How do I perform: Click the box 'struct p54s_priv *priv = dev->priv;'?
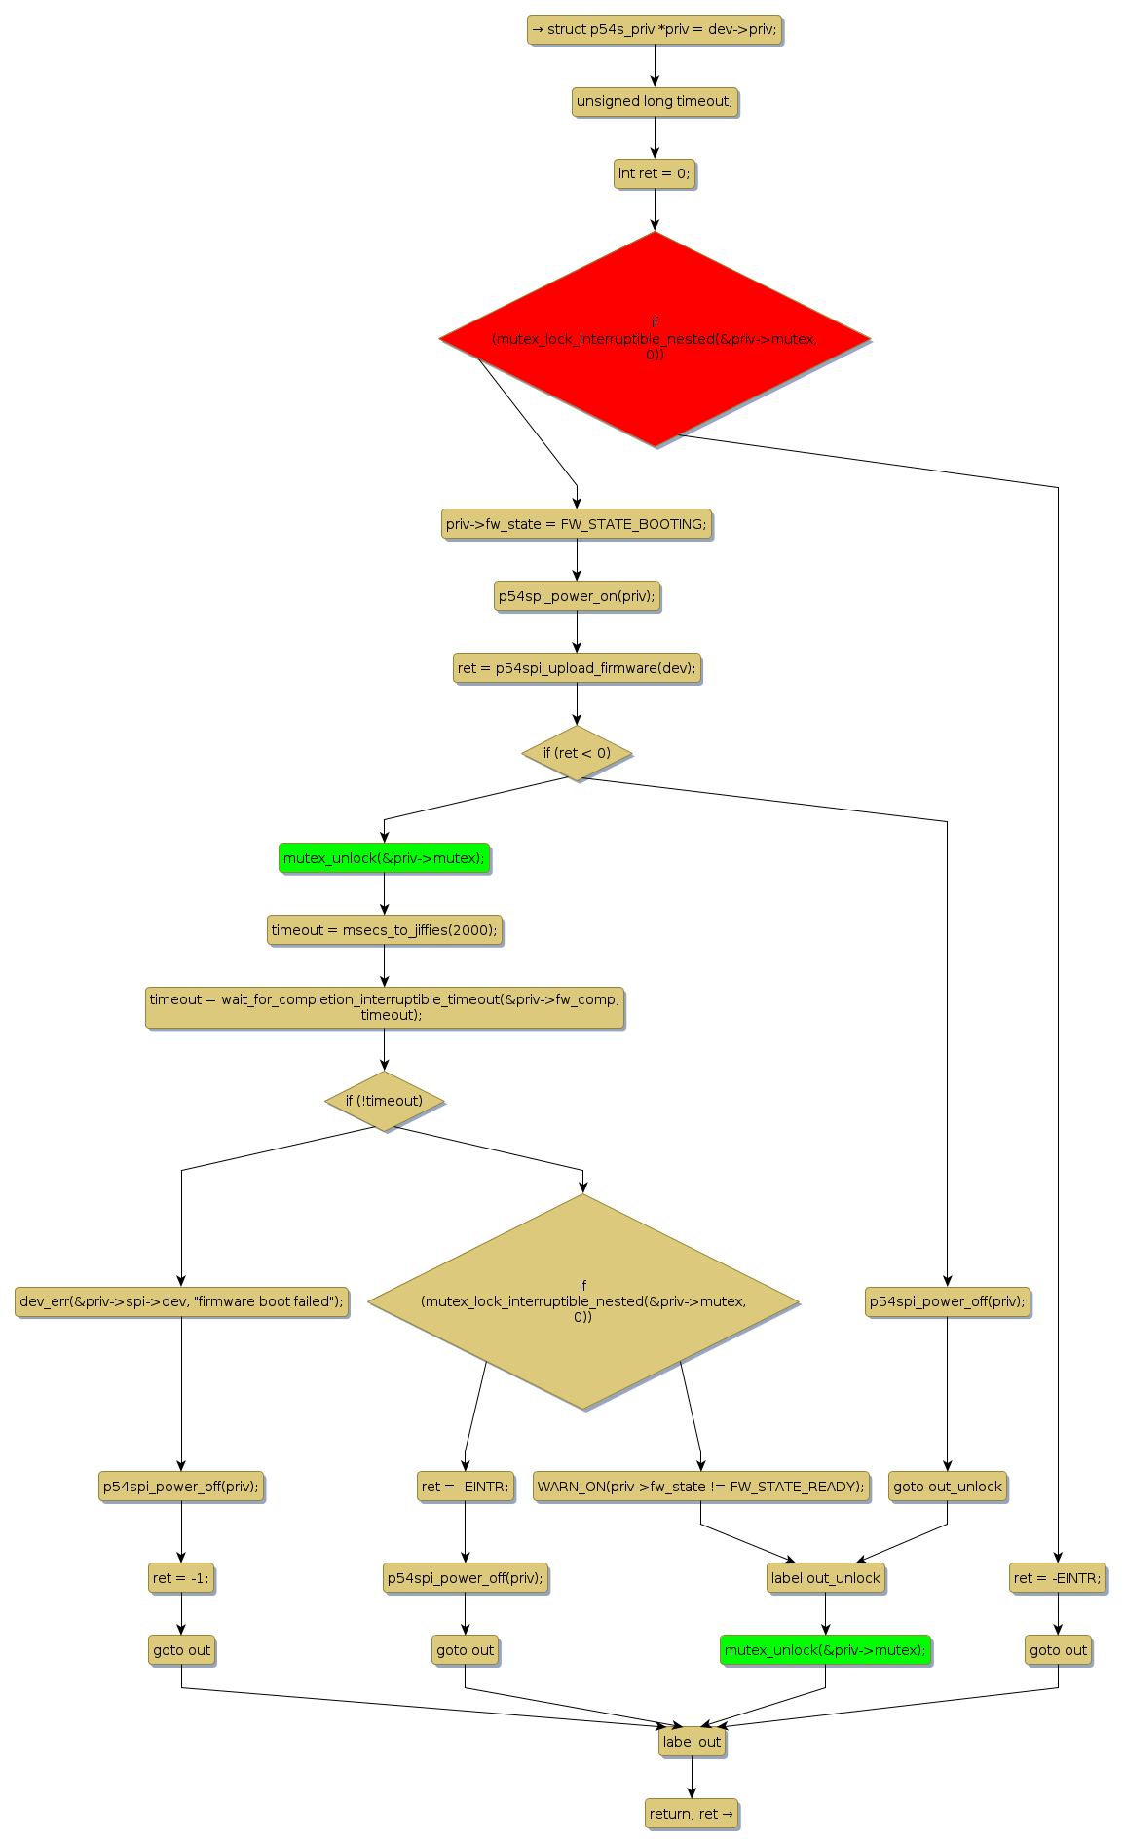(x=655, y=29)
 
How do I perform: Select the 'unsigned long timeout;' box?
(x=655, y=101)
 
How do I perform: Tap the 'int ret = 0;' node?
(x=655, y=173)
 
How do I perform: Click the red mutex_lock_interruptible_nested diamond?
(x=655, y=339)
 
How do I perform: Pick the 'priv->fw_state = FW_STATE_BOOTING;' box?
(x=577, y=524)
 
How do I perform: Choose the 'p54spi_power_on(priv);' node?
(x=577, y=596)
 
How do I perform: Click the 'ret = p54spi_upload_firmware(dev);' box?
(x=577, y=668)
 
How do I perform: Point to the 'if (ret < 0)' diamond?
(x=577, y=753)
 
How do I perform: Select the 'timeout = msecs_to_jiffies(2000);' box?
(x=384, y=930)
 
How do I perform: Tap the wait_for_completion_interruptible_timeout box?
(x=384, y=1007)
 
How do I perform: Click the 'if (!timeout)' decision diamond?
(x=384, y=1101)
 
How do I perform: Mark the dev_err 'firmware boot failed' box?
(x=181, y=1301)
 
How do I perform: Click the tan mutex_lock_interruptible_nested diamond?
(x=583, y=1301)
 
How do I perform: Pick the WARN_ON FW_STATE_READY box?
(x=700, y=1487)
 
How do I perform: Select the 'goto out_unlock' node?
(x=947, y=1487)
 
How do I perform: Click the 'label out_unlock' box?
(x=825, y=1578)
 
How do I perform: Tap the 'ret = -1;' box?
(x=181, y=1578)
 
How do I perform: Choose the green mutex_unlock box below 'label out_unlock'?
(x=825, y=1650)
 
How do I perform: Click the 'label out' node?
(x=692, y=1742)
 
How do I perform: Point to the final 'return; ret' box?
(x=692, y=1814)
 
